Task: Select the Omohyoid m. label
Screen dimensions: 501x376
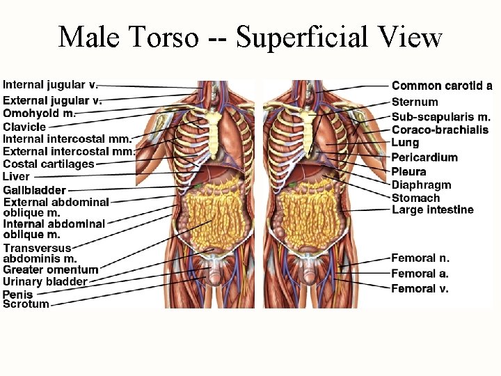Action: (39, 113)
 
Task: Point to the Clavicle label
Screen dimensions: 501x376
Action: (24, 127)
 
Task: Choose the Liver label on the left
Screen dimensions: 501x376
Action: (17, 176)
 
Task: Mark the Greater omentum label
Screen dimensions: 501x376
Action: (51, 269)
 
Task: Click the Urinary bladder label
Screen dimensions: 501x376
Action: (45, 282)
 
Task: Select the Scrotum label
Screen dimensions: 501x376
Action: (26, 304)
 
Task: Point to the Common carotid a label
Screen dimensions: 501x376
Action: (442, 86)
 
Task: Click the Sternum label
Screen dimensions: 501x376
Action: (415, 102)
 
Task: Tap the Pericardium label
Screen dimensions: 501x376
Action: (424, 157)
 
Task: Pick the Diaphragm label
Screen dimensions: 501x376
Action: (422, 185)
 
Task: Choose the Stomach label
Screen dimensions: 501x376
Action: (415, 198)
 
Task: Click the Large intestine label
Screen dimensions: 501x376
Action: (433, 210)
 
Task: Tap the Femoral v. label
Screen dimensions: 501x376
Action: (420, 288)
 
